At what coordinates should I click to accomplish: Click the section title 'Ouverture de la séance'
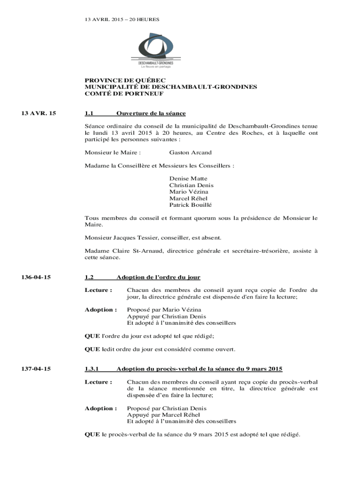coord(151,113)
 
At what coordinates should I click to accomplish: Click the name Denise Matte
coord(188,179)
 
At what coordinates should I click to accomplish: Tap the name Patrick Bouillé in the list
coord(190,205)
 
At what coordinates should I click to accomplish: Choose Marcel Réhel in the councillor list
coord(188,198)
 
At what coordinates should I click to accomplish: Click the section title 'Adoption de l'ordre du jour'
coord(158,277)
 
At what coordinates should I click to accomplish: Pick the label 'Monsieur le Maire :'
coord(113,152)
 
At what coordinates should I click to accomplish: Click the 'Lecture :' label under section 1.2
coord(98,290)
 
